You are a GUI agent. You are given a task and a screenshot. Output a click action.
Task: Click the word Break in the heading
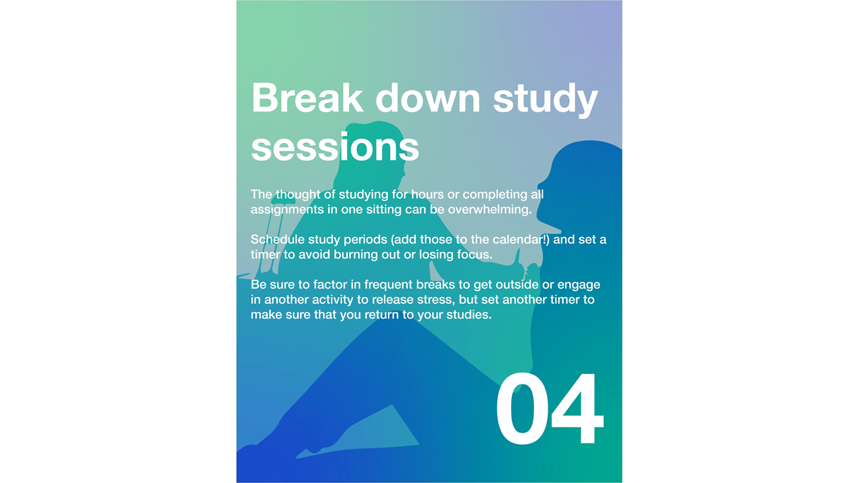[307, 97]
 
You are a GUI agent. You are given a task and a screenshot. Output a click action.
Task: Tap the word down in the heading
[427, 97]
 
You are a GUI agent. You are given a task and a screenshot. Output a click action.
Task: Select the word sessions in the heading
[335, 147]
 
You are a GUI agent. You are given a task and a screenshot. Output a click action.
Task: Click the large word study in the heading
[546, 100]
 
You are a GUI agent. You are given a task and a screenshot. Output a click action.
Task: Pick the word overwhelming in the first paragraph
[490, 210]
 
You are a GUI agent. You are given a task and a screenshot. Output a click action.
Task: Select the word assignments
[287, 210]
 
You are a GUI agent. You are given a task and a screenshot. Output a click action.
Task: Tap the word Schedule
[278, 239]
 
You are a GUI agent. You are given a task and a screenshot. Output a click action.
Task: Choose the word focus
[474, 254]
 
